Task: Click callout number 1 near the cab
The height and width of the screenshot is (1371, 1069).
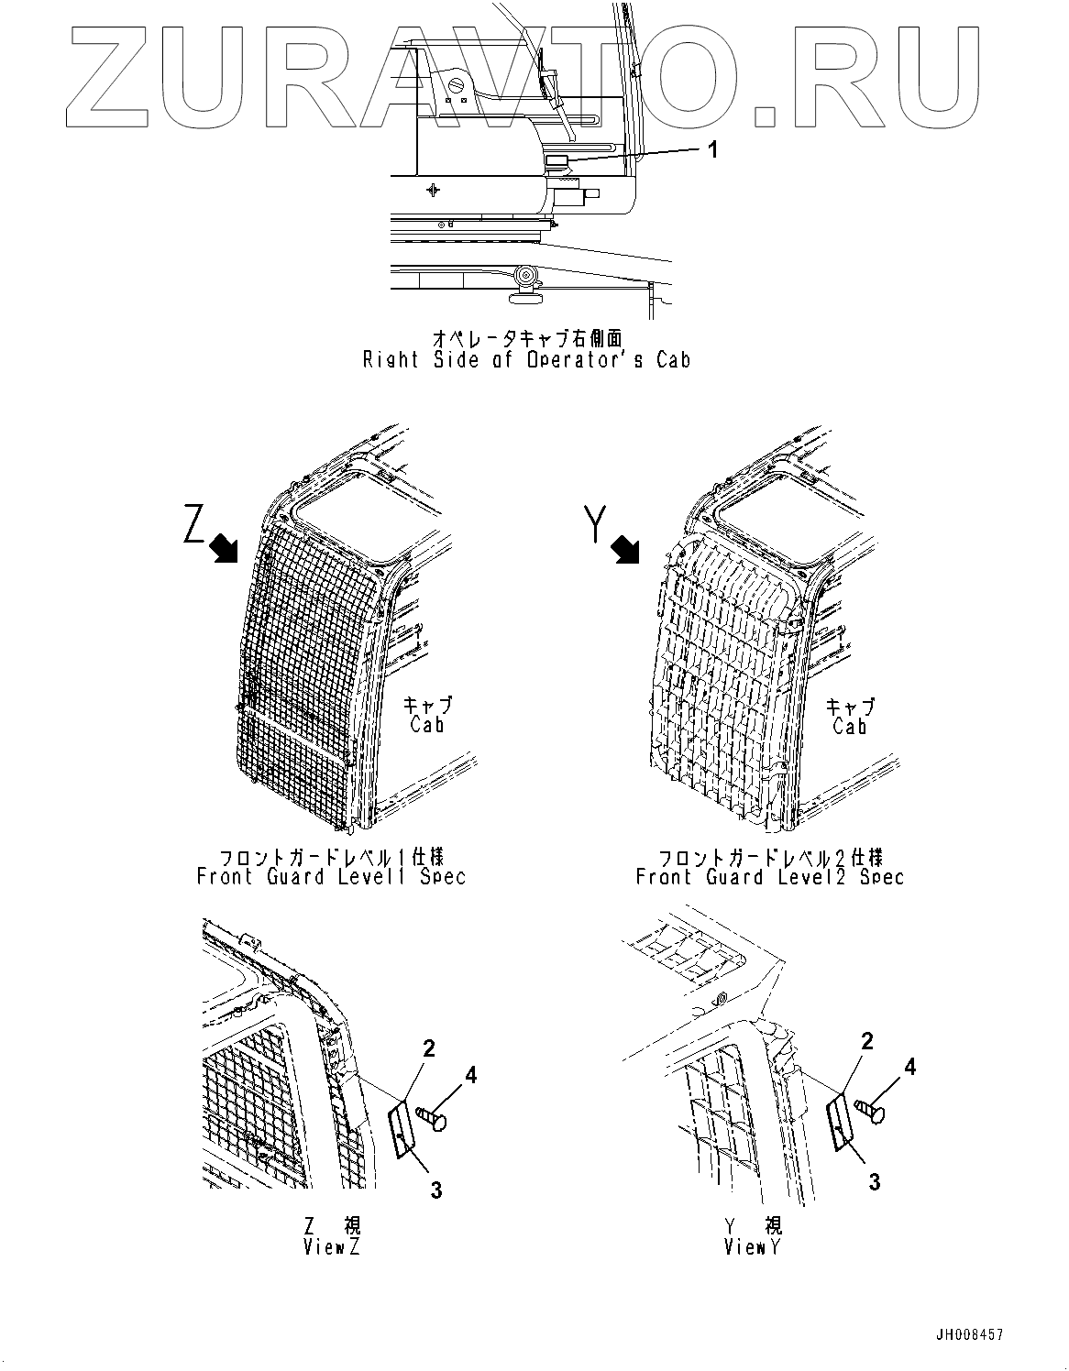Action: (712, 149)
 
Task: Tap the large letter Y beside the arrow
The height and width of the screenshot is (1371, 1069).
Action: (596, 524)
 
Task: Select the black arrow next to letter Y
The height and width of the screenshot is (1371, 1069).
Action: (626, 550)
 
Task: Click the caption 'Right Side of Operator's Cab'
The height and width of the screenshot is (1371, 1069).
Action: (526, 360)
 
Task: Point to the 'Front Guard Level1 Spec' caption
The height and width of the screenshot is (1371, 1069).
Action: (331, 877)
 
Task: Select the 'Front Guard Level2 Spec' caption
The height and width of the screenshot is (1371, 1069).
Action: (770, 877)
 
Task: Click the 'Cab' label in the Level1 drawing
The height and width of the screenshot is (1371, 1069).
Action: (427, 725)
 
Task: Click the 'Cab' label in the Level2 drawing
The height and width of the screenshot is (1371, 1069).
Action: (850, 726)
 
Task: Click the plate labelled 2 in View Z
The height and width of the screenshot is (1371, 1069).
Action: (402, 1129)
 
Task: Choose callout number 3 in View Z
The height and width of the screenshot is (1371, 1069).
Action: (436, 1190)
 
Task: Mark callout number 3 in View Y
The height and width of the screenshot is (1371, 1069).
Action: (874, 1182)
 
